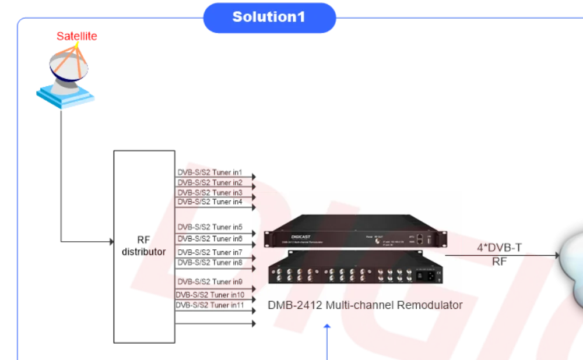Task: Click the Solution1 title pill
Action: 269,17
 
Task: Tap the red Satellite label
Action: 76,36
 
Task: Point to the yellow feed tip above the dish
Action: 76,45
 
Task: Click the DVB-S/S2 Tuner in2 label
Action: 210,183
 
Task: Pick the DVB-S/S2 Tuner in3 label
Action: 210,192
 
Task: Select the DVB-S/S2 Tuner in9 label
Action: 210,282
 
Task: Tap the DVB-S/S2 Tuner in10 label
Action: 210,294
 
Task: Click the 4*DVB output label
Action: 499,248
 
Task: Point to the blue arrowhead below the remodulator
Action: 327,327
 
